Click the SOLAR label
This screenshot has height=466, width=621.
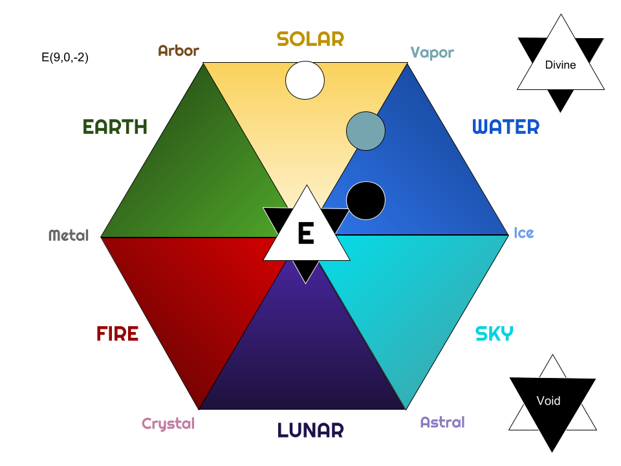click(x=310, y=39)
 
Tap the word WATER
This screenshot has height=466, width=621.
click(x=506, y=127)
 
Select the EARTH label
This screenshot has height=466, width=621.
click(x=115, y=127)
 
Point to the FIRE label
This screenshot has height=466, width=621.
click(x=117, y=334)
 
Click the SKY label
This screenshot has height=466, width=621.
click(x=494, y=334)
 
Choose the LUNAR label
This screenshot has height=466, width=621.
click(x=310, y=430)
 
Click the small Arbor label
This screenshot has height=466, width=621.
click(x=179, y=50)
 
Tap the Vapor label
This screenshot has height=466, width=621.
click(x=432, y=52)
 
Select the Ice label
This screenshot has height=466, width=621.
click(x=524, y=232)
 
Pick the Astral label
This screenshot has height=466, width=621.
click(x=442, y=423)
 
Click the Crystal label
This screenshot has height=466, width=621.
click(x=168, y=424)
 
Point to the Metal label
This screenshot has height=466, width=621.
click(x=69, y=235)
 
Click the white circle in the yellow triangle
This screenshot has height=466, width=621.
click(x=305, y=80)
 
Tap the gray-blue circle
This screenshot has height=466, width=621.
click(x=365, y=131)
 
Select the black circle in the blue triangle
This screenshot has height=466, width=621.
click(x=365, y=201)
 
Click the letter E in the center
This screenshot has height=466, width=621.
click(x=305, y=234)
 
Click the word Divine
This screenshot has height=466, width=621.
click(x=560, y=65)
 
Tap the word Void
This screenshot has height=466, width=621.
click(x=549, y=401)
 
